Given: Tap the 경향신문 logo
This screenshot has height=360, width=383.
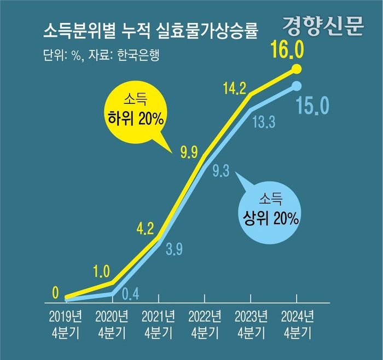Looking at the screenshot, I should coord(323,26).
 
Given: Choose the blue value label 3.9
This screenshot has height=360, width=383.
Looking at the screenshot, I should coord(173,251).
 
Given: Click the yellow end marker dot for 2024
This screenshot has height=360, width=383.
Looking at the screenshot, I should coord(297,69).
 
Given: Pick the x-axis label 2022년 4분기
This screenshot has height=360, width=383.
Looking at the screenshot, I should coord(205,323).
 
